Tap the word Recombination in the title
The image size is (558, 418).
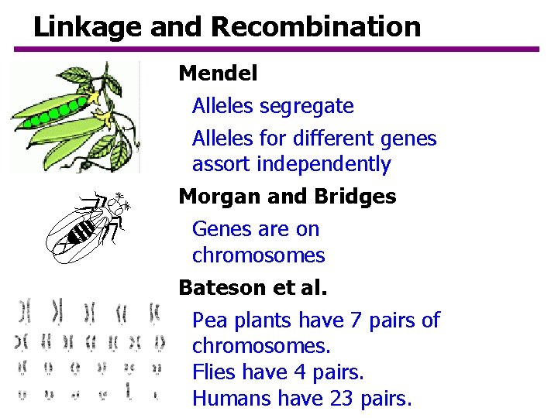pyautogui.click(x=315, y=27)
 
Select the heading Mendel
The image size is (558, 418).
pyautogui.click(x=218, y=74)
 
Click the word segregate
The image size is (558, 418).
pyautogui.click(x=307, y=106)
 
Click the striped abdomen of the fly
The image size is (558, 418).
pyautogui.click(x=82, y=231)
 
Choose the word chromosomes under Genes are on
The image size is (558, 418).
pyautogui.click(x=258, y=255)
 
